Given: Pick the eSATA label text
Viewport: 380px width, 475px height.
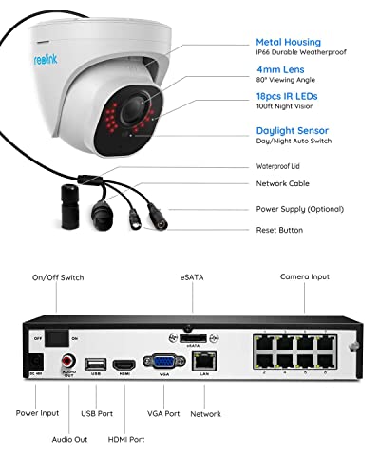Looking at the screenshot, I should coord(192,276).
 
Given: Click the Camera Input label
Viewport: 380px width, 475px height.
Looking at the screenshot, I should coord(305,276).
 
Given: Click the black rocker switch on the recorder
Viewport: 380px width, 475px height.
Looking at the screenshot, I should coord(58,337).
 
